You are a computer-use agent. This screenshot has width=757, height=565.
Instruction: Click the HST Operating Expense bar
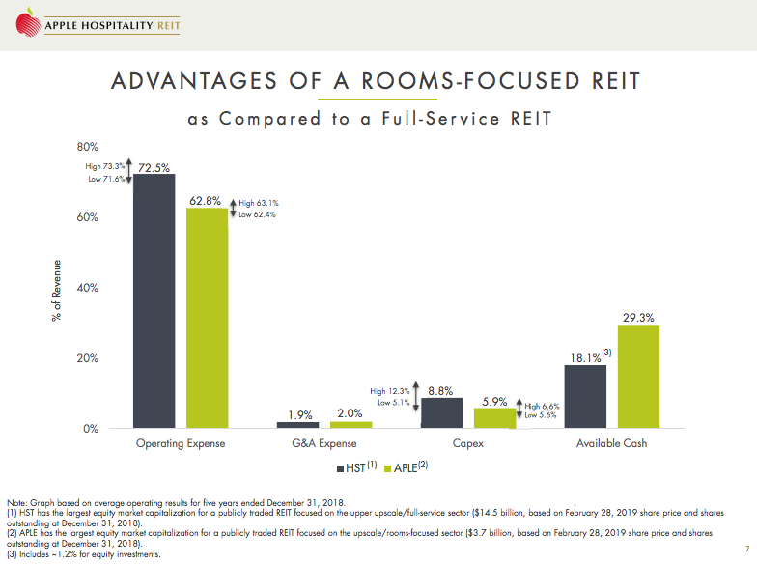click(x=154, y=300)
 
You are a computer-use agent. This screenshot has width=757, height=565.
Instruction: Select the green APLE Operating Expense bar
click(x=207, y=318)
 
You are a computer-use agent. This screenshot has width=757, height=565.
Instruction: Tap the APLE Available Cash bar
click(x=638, y=377)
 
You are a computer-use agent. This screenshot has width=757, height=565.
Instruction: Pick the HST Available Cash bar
click(x=585, y=396)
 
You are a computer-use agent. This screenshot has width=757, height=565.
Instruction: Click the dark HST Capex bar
click(x=441, y=412)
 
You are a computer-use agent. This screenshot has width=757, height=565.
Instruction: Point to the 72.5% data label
click(x=154, y=167)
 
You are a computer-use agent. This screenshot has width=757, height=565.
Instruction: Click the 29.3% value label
click(x=639, y=317)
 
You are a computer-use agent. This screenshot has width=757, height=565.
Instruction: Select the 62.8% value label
click(x=207, y=201)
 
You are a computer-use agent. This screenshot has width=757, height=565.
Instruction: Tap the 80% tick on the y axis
click(x=88, y=147)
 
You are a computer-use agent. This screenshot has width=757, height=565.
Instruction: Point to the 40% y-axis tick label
click(x=88, y=288)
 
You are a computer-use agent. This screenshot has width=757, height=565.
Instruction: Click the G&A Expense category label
click(x=324, y=443)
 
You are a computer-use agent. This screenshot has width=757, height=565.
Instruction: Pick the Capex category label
click(x=468, y=443)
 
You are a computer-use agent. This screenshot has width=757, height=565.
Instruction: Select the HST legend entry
click(x=353, y=466)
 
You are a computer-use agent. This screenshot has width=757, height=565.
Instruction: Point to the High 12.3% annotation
click(x=390, y=391)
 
